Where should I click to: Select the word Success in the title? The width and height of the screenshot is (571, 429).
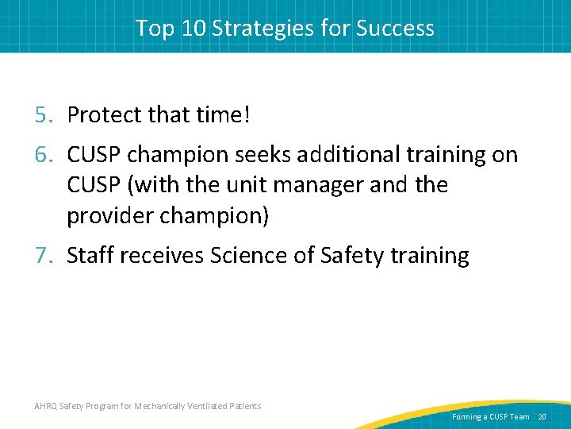click(395, 29)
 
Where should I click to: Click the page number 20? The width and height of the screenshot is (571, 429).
click(542, 417)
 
